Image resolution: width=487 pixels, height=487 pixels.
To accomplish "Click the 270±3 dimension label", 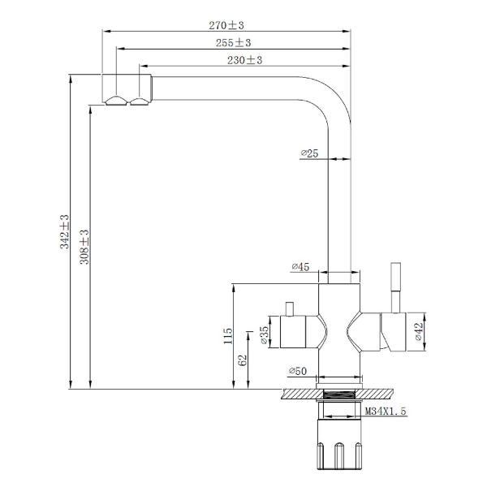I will point(226,26).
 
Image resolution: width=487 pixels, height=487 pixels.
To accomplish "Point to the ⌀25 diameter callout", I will point(309,153).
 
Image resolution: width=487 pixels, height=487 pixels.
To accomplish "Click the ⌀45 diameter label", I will point(301,267).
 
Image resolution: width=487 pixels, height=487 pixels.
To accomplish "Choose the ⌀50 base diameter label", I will point(297,371).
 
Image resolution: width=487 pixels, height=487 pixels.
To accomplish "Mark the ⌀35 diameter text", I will point(265,336).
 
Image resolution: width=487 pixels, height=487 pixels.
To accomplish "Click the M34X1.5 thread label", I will point(386,412).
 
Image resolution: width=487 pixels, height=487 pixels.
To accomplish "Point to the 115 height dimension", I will point(229,337).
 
